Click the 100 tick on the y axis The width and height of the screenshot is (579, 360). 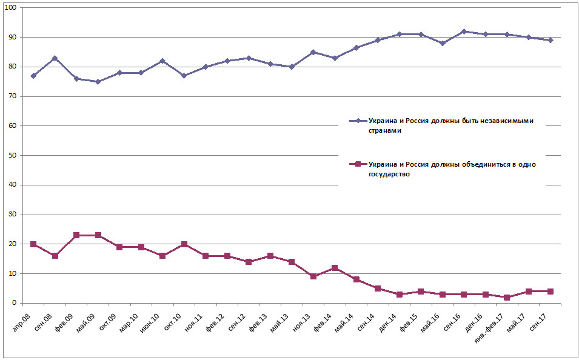tap(12, 7)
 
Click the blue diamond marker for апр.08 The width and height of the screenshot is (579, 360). tap(33, 76)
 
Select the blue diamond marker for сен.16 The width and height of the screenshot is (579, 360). tap(464, 32)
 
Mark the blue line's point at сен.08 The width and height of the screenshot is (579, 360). tap(55, 58)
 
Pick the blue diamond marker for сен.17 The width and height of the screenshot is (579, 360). tap(550, 40)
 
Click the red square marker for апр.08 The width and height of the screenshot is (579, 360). tap(33, 244)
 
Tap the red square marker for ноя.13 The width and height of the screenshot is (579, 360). tap(313, 276)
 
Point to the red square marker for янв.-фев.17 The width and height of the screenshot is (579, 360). tap(507, 297)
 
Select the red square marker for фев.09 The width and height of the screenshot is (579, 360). tap(76, 235)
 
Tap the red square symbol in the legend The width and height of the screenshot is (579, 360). tap(357, 164)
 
